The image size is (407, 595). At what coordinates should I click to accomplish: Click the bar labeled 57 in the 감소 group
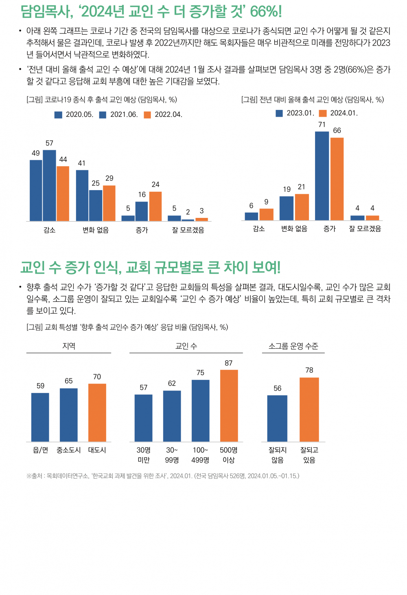click(49, 185)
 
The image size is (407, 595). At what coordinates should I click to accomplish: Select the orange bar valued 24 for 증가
click(155, 206)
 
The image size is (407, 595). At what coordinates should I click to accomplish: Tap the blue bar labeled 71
click(322, 176)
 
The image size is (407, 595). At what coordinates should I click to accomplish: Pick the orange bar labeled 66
click(337, 179)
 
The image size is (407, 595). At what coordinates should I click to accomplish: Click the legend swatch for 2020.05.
click(59, 115)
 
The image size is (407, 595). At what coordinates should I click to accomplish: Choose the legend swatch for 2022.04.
click(147, 115)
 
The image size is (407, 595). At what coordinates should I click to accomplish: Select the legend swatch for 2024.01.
click(323, 113)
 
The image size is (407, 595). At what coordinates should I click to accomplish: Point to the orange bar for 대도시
click(97, 412)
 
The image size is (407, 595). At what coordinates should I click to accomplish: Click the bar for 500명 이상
click(229, 406)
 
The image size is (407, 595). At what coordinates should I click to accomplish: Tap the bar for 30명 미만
click(144, 418)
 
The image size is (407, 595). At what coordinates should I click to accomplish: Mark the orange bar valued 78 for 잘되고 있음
click(309, 409)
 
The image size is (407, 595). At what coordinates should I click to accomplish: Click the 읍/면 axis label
click(40, 450)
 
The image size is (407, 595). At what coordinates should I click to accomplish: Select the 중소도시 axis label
click(69, 450)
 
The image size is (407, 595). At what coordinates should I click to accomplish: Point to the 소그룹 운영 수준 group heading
click(293, 346)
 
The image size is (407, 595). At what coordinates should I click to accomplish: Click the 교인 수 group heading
click(186, 346)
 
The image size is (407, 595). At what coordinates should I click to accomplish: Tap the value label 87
click(229, 363)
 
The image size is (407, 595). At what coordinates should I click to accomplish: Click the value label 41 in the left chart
click(82, 163)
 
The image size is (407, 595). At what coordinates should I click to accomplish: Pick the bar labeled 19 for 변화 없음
click(287, 208)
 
